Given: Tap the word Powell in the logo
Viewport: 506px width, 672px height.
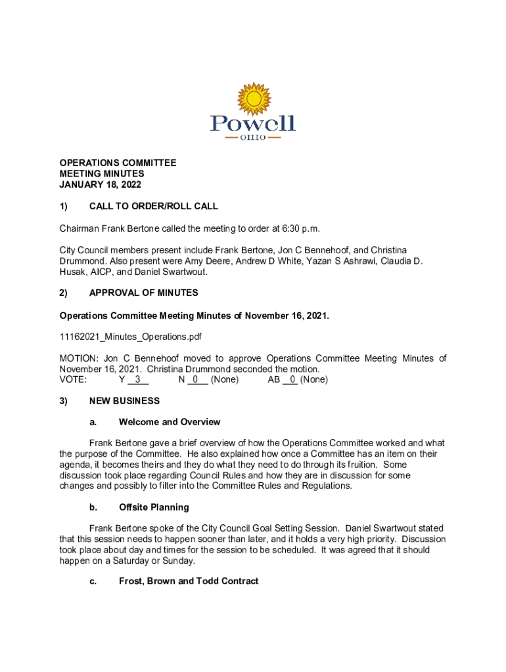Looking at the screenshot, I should pos(252,123).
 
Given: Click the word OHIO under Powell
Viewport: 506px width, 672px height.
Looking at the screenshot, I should pos(253,138).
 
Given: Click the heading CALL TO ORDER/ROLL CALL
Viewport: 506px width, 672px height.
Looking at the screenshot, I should pos(153,206).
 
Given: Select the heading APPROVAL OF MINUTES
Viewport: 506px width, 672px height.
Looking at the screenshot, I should pos(143,293).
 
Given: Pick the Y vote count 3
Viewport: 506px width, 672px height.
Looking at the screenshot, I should pos(137,379).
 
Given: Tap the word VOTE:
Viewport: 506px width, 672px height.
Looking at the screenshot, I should pos(73,379).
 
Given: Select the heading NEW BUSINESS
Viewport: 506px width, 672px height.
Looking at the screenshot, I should pos(124,400).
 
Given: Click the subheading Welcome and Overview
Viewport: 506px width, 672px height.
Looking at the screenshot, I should pos(170,421).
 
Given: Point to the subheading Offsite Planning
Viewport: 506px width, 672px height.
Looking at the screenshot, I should pos(154,507).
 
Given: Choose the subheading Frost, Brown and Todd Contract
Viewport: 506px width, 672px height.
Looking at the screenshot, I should pos(189,581).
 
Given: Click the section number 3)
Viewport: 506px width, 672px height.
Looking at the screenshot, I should pos(64,400).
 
